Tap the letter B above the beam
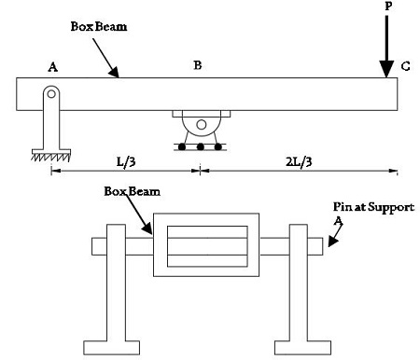point(197,65)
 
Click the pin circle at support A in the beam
point(52,93)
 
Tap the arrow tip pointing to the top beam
point(118,76)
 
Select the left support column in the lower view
point(119,280)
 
